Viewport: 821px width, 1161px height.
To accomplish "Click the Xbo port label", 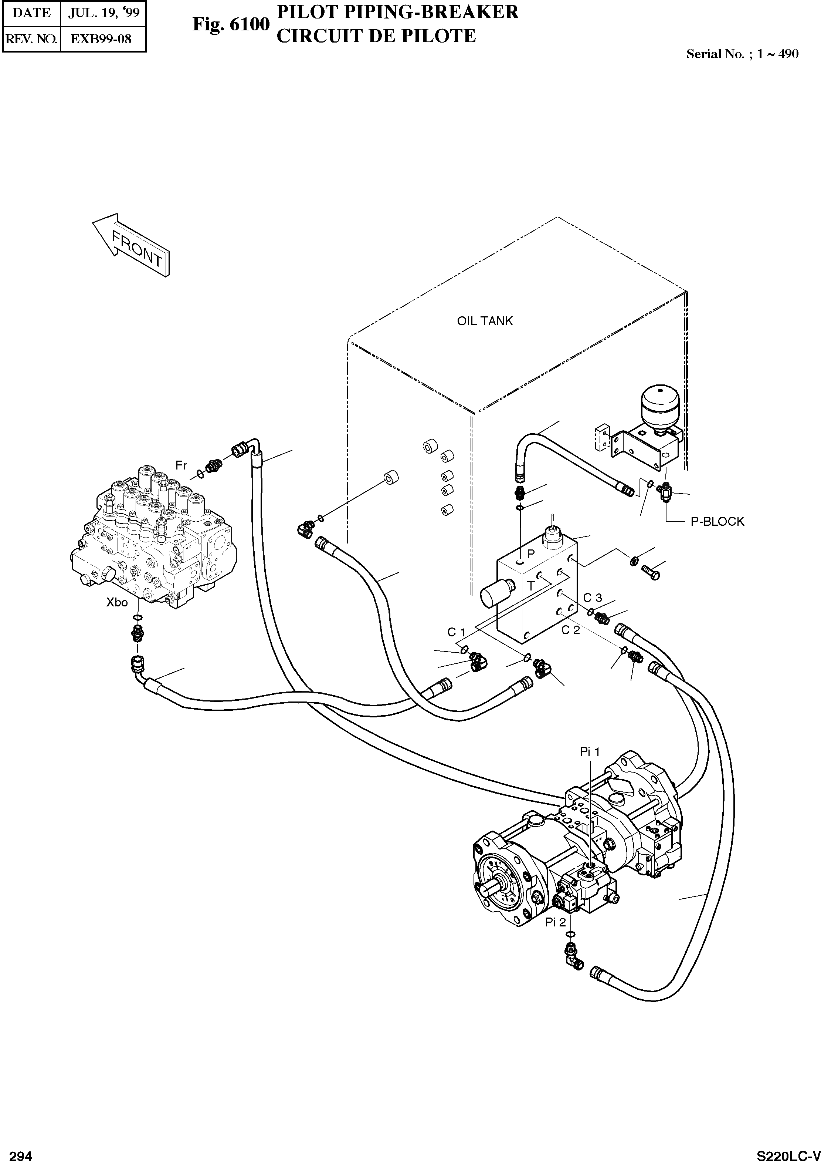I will [x=117, y=602].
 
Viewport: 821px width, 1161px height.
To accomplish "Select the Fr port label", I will [x=181, y=464].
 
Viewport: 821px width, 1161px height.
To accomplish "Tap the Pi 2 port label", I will [x=555, y=923].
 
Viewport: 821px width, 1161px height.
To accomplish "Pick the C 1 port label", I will [x=456, y=632].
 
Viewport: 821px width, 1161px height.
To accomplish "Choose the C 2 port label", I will [x=570, y=630].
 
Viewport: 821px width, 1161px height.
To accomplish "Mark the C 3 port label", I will [x=593, y=598].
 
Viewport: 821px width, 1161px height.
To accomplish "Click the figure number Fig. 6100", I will [x=231, y=24].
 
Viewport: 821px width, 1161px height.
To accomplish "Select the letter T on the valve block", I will [x=530, y=586].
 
